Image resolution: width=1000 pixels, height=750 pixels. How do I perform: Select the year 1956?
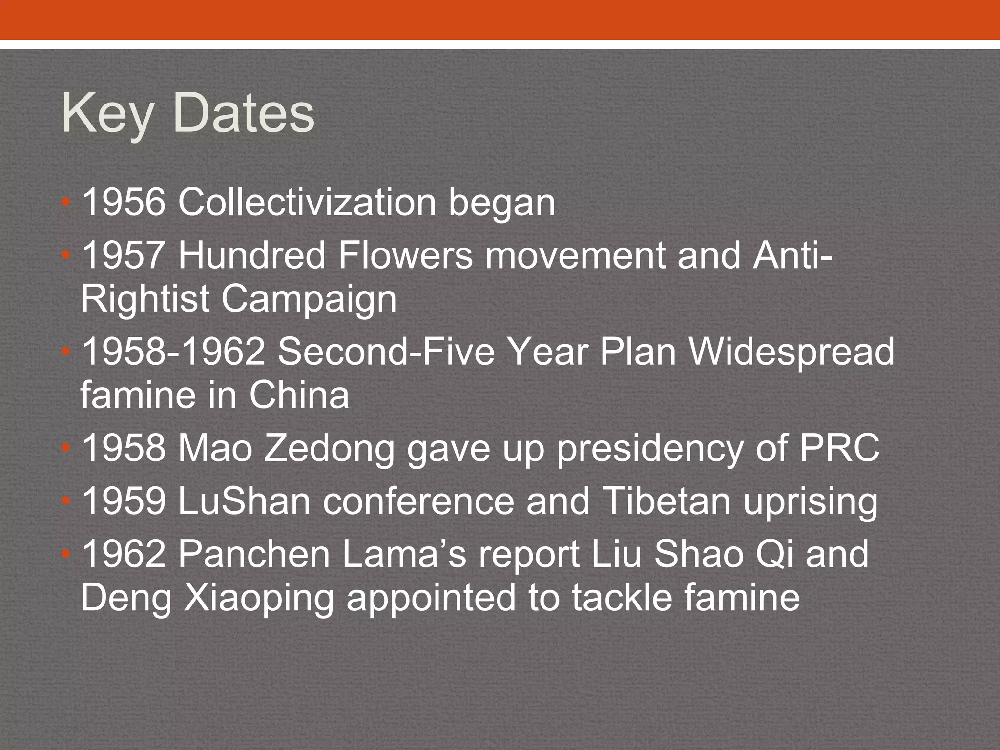124,203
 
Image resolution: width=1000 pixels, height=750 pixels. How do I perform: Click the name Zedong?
329,448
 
